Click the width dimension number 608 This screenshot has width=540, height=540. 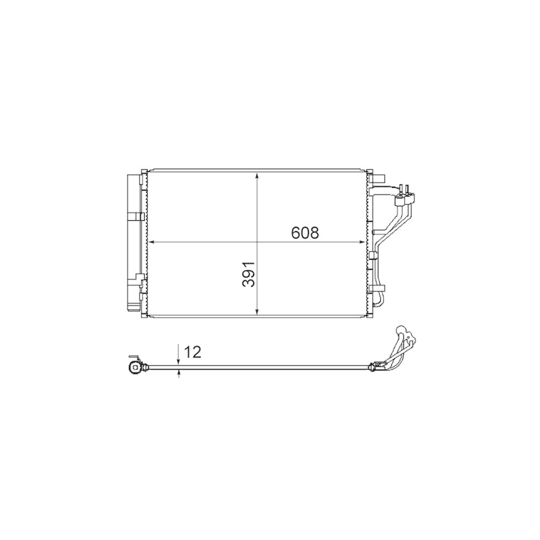click(x=306, y=233)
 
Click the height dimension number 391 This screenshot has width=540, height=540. click(x=248, y=275)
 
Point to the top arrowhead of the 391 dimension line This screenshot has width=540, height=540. click(x=258, y=175)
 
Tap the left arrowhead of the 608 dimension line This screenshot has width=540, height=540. click(x=151, y=242)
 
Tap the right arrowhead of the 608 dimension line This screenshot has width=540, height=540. click(x=363, y=242)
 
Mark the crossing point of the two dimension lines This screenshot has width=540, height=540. click(x=258, y=242)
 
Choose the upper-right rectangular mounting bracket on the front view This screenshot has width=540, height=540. click(x=377, y=178)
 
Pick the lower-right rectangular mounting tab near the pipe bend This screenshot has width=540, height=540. click(x=380, y=288)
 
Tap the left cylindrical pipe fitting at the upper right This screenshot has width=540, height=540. click(x=401, y=201)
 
